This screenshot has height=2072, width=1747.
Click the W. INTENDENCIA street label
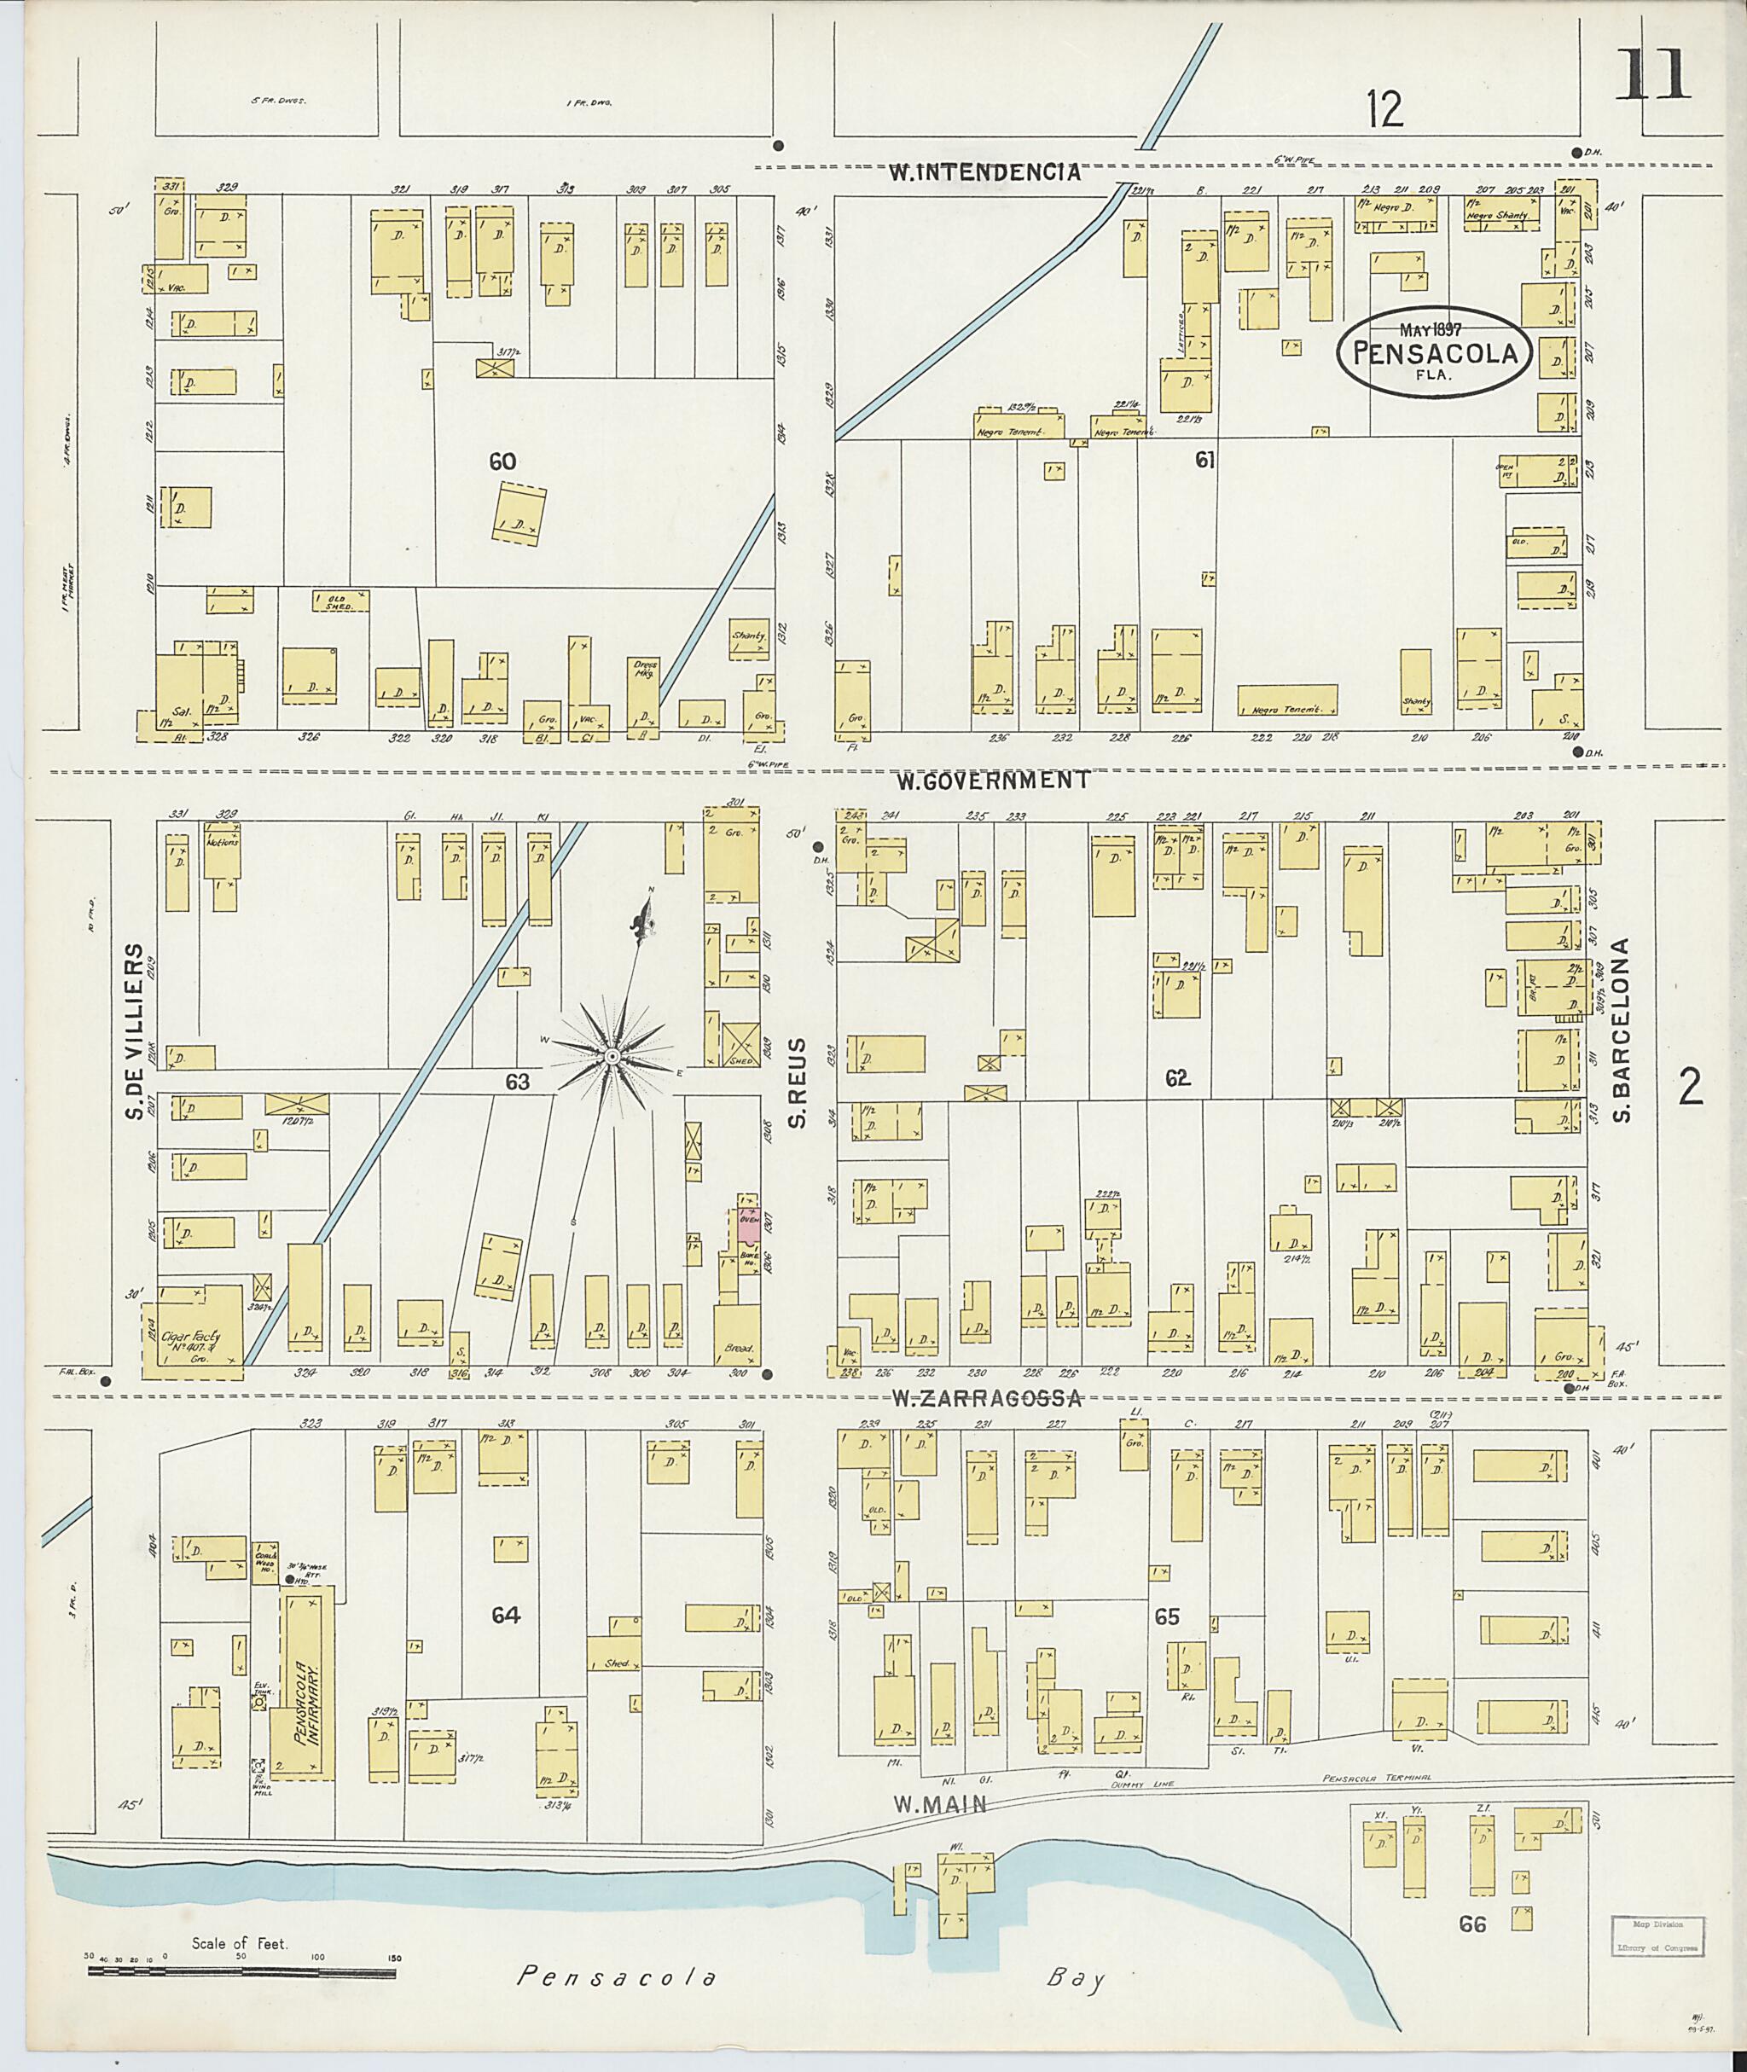pos(984,171)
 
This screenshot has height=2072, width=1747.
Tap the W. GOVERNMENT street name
pos(993,781)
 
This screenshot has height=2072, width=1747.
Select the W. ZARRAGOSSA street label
pos(985,1398)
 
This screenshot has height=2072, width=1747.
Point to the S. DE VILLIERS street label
pos(136,1032)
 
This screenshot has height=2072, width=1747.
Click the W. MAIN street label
pos(941,1805)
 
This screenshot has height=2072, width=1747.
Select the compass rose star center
pos(612,1058)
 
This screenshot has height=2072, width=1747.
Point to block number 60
pos(503,461)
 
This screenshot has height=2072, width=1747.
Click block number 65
pos(1168,1616)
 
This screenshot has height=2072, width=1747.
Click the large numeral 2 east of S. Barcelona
pos(1691,1088)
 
